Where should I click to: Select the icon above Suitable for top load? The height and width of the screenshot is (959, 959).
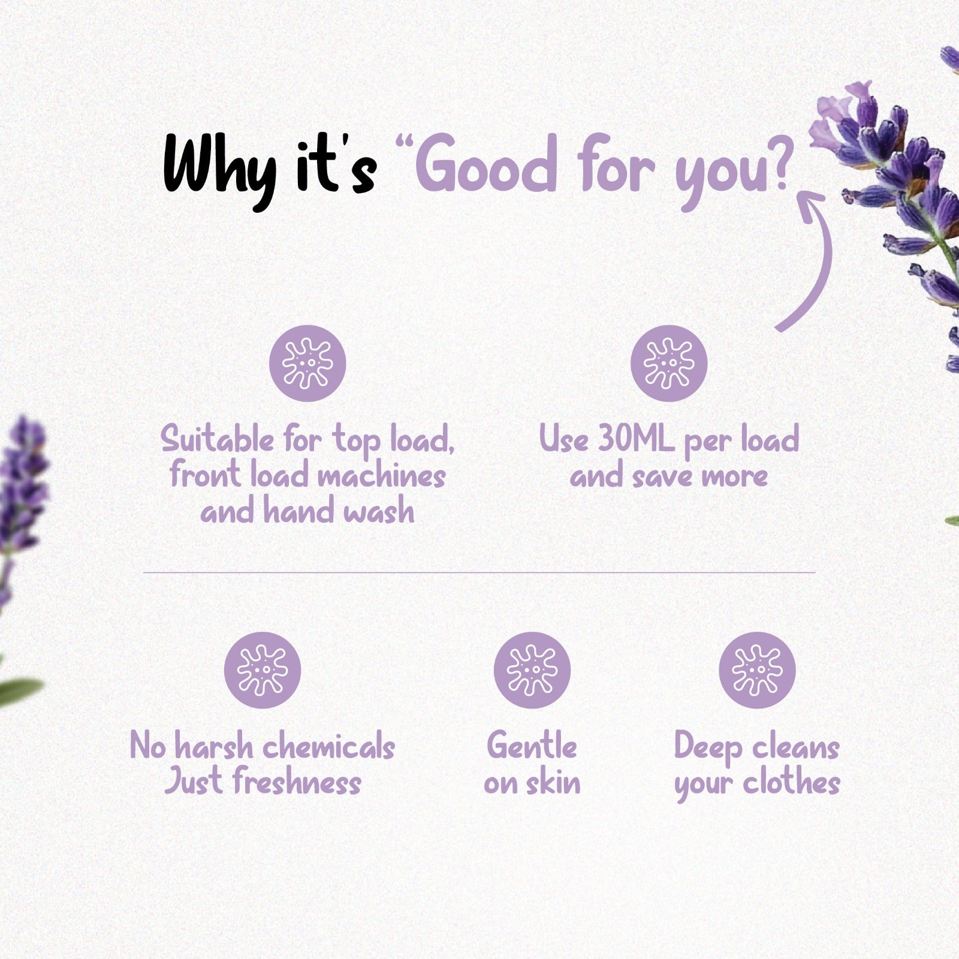[307, 363]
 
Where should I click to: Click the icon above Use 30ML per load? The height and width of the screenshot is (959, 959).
[669, 363]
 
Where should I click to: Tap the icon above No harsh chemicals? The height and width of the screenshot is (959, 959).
[263, 670]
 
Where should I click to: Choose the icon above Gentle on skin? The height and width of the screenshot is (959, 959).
[532, 670]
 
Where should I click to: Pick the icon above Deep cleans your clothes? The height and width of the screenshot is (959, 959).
[757, 670]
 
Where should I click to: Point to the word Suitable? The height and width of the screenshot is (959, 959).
[217, 439]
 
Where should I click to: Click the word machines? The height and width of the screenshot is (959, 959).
[381, 476]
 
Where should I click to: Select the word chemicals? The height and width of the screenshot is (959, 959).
[328, 746]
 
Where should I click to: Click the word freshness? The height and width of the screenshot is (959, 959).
[297, 782]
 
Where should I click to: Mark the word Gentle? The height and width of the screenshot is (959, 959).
[532, 746]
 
